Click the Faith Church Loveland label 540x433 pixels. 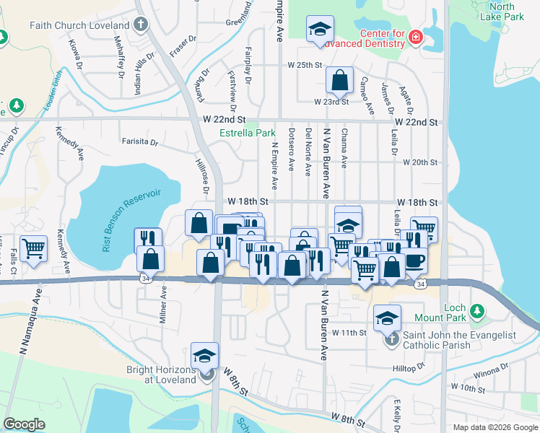pyautogui.click(x=79, y=25)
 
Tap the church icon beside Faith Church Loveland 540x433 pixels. pyautogui.click(x=140, y=25)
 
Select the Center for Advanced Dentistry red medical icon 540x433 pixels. pyautogui.click(x=415, y=38)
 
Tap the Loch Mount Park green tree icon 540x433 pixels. pyautogui.click(x=476, y=311)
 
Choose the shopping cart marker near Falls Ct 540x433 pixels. pyautogui.click(x=33, y=249)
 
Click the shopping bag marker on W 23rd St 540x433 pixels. pyautogui.click(x=339, y=81)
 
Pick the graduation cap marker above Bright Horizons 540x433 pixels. pyautogui.click(x=205, y=356)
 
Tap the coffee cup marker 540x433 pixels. pyautogui.click(x=414, y=259)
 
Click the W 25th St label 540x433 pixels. pyautogui.click(x=304, y=65)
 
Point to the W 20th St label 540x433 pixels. pyautogui.click(x=421, y=162)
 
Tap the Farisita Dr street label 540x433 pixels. pyautogui.click(x=139, y=142)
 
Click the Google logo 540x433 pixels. pyautogui.click(x=25, y=424)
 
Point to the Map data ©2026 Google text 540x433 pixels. pyautogui.click(x=495, y=427)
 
